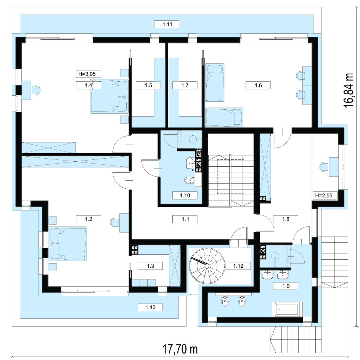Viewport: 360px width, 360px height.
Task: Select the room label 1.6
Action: click(258, 85)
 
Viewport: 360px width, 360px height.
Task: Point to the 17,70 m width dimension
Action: click(180, 349)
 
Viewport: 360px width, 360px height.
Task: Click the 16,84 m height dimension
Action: click(349, 90)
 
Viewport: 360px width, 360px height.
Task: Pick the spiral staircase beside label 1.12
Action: click(207, 266)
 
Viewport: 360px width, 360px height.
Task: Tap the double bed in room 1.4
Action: click(109, 96)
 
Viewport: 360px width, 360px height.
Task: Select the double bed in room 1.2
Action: click(68, 244)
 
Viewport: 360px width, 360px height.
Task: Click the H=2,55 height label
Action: click(324, 196)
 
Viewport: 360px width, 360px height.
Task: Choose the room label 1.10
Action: click(185, 195)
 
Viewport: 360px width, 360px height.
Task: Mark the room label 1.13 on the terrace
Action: click(150, 307)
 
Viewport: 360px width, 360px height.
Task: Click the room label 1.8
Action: click(286, 219)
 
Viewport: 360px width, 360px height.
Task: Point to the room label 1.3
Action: click(150, 266)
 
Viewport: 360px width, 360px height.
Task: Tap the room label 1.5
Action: click(148, 85)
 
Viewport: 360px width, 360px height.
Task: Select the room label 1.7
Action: click(185, 85)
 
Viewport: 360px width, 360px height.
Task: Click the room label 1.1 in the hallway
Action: click(185, 219)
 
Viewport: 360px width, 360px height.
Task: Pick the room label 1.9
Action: click(286, 286)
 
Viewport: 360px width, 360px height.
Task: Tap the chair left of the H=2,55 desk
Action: click(324, 167)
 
